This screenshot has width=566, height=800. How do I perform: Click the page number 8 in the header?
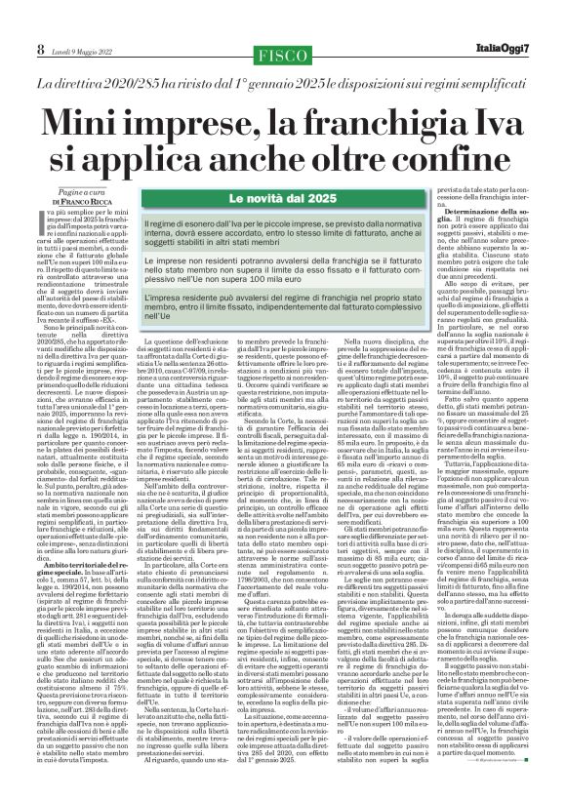click(x=15, y=20)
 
